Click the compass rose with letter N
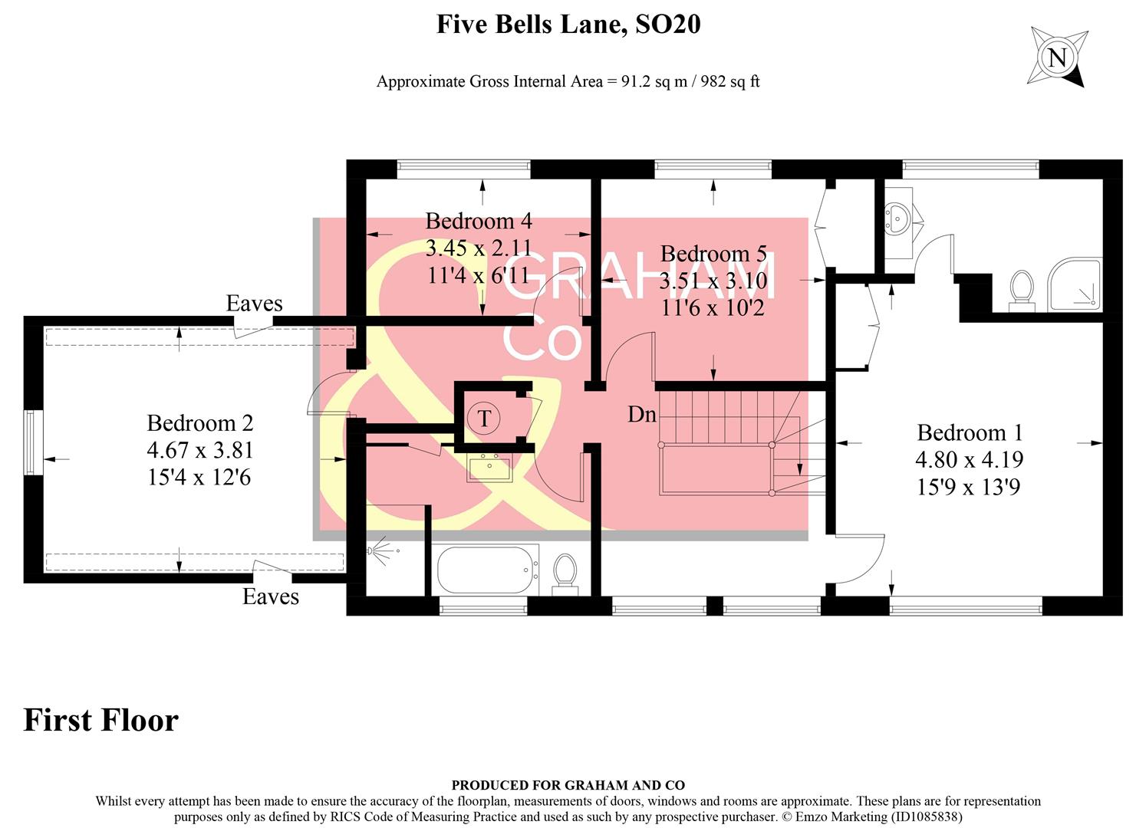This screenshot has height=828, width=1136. coord(1057,58)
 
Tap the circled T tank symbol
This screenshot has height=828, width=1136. coord(484,419)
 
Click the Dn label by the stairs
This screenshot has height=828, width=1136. coord(642,415)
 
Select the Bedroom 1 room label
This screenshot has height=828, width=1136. coord(970,432)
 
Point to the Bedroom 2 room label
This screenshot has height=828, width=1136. coord(199,422)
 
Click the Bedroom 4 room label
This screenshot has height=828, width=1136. coord(478,222)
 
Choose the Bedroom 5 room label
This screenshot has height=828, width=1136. coord(713,254)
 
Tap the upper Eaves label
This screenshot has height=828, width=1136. coord(254,304)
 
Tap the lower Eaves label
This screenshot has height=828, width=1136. coord(271,596)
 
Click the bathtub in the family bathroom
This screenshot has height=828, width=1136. coord(487,570)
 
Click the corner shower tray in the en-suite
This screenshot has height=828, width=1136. coord(1074,285)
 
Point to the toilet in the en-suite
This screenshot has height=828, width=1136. coord(1021,291)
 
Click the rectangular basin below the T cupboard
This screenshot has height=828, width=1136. coord(489,467)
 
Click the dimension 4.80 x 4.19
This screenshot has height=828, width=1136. coord(969,459)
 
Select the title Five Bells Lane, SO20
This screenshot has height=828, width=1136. coord(568,25)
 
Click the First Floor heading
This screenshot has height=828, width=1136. coord(101,721)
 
